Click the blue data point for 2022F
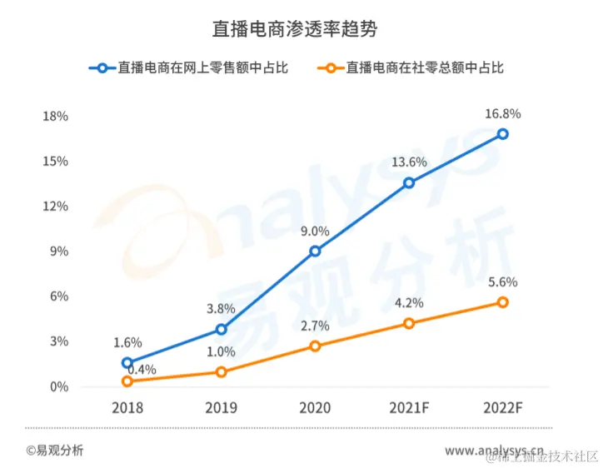pos(502,134)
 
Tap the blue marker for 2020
pos(315,251)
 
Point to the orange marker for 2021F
pos(409,323)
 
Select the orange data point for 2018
pos(127,381)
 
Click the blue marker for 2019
pos(221,330)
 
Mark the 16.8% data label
pos(502,114)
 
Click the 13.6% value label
pos(409,162)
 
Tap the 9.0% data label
pos(315,232)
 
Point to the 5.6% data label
pos(502,281)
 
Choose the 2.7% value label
pos(315,326)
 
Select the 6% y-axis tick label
pos(58,296)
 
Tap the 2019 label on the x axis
pos(221,408)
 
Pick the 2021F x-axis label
pos(409,408)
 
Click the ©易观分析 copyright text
pos(54,451)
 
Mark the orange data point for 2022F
pos(502,302)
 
